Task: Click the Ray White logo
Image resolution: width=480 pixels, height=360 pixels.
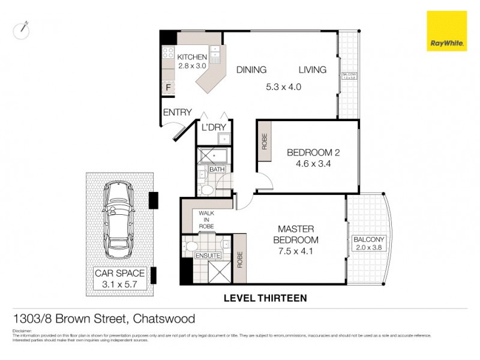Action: (x=446, y=31)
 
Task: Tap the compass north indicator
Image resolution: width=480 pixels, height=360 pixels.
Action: (x=21, y=28)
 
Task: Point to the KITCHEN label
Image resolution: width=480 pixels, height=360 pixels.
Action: (x=192, y=57)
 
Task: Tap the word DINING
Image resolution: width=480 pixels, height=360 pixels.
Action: (x=251, y=70)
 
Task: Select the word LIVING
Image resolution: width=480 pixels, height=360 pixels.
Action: (x=313, y=70)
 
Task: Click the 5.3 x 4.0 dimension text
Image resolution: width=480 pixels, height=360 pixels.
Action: (x=283, y=86)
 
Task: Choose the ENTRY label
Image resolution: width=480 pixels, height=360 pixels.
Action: (x=177, y=112)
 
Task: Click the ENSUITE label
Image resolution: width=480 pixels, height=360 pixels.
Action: (x=208, y=256)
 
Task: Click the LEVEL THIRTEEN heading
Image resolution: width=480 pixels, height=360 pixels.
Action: (x=265, y=298)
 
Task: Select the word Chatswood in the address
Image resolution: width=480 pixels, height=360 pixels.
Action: (x=164, y=319)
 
